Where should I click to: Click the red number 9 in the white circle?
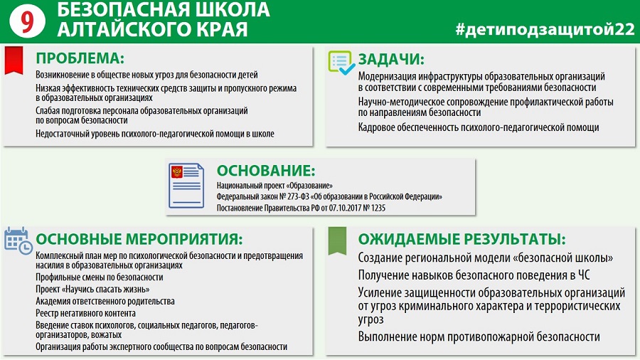point(27,21)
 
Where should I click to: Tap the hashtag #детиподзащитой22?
point(545,29)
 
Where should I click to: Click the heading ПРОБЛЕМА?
point(80,58)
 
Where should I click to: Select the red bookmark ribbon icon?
point(14,60)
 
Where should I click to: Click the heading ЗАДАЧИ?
point(391,60)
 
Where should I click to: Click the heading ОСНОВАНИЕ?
point(266,171)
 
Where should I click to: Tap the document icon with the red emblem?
point(186,186)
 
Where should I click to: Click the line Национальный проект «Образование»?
point(274,186)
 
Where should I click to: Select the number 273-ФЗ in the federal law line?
point(299,197)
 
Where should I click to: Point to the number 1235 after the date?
point(378,208)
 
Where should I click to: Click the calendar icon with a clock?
point(18,240)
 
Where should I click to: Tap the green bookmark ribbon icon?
point(338,241)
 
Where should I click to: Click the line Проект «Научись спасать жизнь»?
point(92,290)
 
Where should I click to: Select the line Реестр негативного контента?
point(86,314)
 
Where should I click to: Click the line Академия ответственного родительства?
point(105,301)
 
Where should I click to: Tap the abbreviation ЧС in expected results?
point(584,275)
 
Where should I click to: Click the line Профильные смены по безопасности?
point(100,277)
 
